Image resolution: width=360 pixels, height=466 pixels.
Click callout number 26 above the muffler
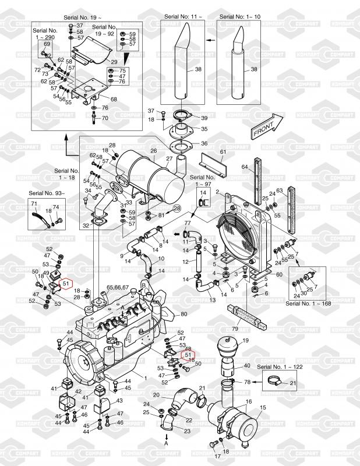pyautogui.click(x=154, y=150)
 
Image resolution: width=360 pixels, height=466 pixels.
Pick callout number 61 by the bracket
pyautogui.click(x=222, y=152)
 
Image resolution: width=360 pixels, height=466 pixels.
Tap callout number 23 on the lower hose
pyautogui.click(x=187, y=430)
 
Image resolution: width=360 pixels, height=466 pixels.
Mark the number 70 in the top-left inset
pyautogui.click(x=105, y=118)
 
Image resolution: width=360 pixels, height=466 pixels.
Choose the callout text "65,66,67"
pyautogui.click(x=117, y=287)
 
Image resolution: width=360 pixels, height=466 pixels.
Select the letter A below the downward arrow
pyautogui.click(x=166, y=443)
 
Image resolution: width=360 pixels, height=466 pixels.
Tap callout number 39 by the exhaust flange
pyautogui.click(x=204, y=118)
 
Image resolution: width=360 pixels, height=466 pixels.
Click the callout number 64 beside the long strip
pyautogui.click(x=245, y=167)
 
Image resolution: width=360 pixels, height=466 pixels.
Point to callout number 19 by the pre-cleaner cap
pyautogui.click(x=245, y=340)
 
